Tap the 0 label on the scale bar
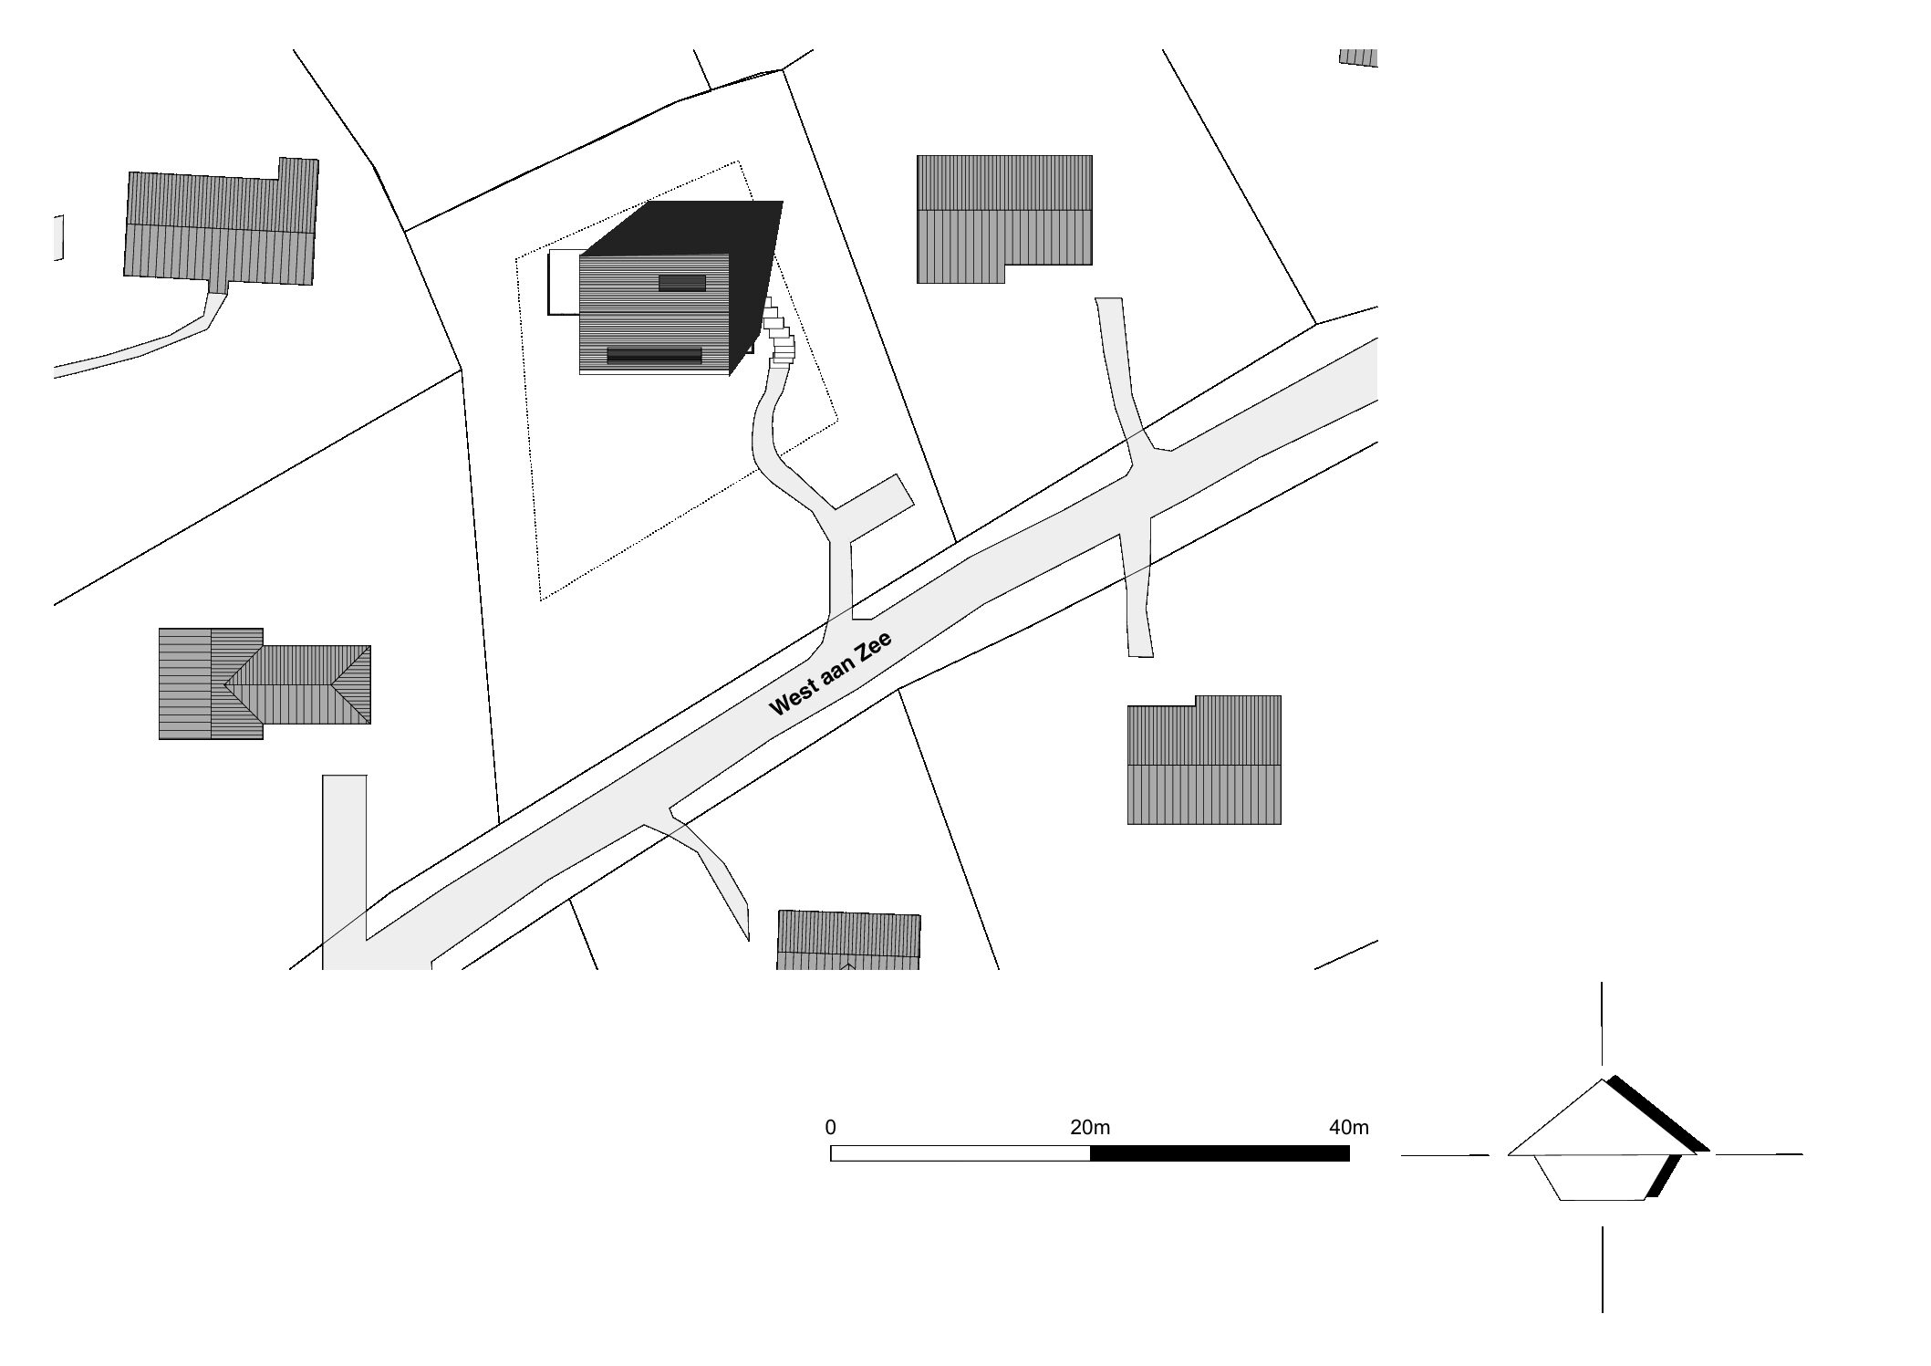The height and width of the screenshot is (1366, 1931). click(x=830, y=1127)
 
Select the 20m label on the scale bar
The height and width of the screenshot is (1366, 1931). click(x=1090, y=1127)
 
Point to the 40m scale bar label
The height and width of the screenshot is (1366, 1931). click(x=1349, y=1127)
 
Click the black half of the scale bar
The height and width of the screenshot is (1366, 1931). click(x=1220, y=1153)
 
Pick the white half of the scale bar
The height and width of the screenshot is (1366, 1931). click(x=960, y=1153)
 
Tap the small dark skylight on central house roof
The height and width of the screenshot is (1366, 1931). click(x=682, y=283)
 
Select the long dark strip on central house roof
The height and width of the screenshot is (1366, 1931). click(x=654, y=355)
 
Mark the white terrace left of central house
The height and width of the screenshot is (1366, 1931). click(x=564, y=283)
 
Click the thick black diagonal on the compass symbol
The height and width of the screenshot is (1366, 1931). click(x=1657, y=1113)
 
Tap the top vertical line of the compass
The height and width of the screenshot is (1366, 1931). click(x=1602, y=1024)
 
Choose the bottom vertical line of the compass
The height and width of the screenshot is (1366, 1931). click(x=1603, y=1269)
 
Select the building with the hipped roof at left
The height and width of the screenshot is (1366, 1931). click(x=265, y=683)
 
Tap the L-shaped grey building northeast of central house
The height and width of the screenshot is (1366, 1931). click(x=1003, y=219)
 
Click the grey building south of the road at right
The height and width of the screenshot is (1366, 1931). click(x=1204, y=760)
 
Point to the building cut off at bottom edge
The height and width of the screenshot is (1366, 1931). click(x=848, y=940)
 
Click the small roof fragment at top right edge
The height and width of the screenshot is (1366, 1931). click(x=1358, y=57)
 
